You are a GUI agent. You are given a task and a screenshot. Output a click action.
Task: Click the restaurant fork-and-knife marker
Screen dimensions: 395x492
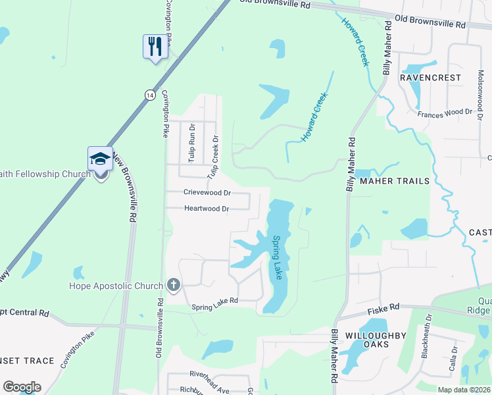coord(155,46)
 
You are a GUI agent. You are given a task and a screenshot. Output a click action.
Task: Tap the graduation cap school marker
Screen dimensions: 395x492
coord(100,159)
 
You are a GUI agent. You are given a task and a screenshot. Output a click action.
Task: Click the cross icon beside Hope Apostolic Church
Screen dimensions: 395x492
coord(173,284)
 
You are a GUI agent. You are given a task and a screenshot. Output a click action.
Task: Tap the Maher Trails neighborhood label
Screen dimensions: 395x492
coord(395,180)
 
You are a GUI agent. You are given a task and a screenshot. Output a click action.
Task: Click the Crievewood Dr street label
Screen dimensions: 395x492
coord(207,193)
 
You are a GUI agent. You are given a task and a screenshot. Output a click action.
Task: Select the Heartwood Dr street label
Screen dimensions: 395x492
coord(206,209)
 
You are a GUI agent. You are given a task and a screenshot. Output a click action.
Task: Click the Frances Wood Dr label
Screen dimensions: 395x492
coord(445,113)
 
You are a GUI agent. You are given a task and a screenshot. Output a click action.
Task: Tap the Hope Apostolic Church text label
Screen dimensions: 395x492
coord(116,286)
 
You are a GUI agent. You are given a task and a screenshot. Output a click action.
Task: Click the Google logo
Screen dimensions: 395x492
coord(22,387)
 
